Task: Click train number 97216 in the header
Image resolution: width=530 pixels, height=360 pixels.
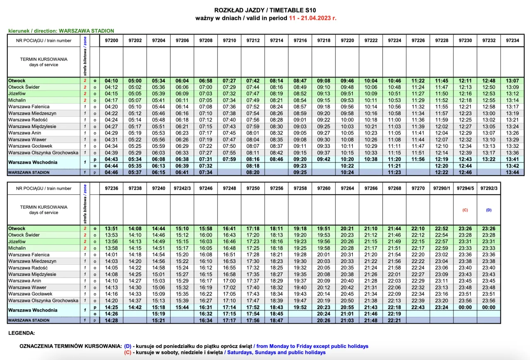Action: (x=300, y=41)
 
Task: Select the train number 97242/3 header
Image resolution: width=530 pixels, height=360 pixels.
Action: (x=182, y=188)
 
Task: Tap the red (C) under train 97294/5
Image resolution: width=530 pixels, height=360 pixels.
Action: (x=465, y=210)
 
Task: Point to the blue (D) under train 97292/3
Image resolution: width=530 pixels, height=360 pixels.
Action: (x=489, y=210)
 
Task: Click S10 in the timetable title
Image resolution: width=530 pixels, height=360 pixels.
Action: (x=314, y=10)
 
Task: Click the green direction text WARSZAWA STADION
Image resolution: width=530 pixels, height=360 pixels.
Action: (x=86, y=31)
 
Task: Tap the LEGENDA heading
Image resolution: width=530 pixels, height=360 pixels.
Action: (x=22, y=333)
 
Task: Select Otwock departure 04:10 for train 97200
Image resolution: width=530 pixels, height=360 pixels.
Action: (x=111, y=80)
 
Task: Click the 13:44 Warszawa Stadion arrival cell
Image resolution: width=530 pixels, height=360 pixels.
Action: (x=512, y=172)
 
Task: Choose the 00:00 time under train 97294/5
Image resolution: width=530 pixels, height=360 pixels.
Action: (x=465, y=307)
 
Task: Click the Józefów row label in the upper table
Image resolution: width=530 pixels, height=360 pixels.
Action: (x=17, y=94)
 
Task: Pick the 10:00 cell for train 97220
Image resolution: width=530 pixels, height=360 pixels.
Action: (x=347, y=120)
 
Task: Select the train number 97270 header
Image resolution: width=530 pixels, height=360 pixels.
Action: (x=418, y=188)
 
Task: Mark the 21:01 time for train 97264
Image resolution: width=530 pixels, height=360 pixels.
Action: (x=347, y=314)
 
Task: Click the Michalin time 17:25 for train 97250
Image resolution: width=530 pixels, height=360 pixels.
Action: (x=253, y=248)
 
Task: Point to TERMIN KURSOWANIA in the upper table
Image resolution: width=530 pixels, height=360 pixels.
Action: (x=43, y=59)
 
